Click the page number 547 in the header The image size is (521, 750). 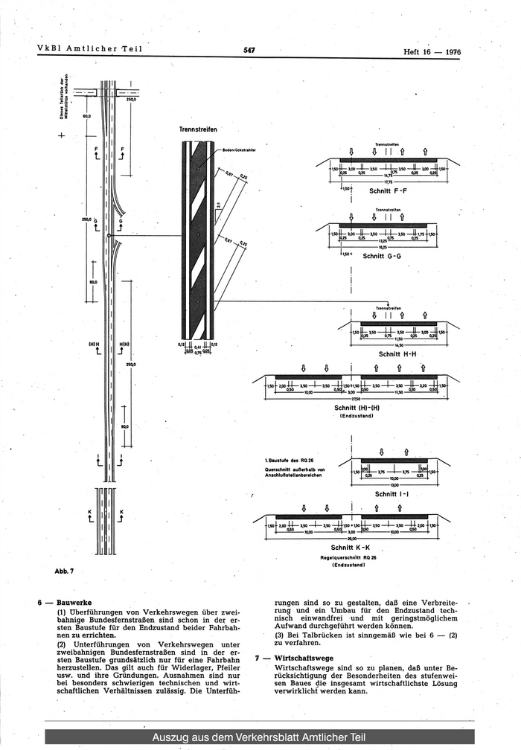pyautogui.click(x=249, y=51)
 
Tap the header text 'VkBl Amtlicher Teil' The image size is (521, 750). pyautogui.click(x=89, y=50)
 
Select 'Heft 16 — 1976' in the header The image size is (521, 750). pyautogui.click(x=432, y=52)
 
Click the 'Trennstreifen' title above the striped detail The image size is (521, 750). pyautogui.click(x=198, y=129)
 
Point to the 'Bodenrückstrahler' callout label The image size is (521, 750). pyautogui.click(x=239, y=150)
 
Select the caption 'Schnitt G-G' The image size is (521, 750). pyautogui.click(x=382, y=256)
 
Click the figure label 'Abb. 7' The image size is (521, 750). pyautogui.click(x=65, y=571)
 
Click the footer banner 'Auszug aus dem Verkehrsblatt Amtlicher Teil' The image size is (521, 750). pyautogui.click(x=259, y=737)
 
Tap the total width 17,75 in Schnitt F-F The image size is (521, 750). pyautogui.click(x=388, y=180)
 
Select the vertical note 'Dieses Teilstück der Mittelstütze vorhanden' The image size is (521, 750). pyautogui.click(x=65, y=96)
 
